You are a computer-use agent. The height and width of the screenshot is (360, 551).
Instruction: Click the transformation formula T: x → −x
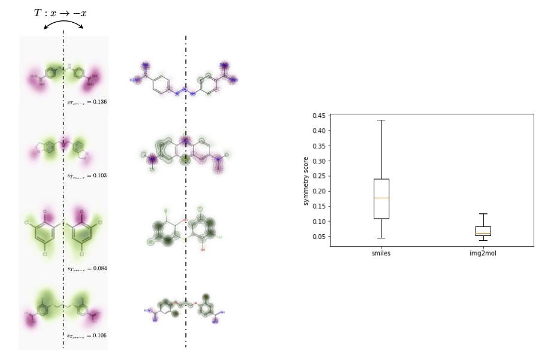(x=60, y=13)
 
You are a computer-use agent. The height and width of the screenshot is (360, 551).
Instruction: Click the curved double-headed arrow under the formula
(x=63, y=24)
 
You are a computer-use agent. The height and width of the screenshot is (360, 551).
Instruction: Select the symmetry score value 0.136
(x=87, y=102)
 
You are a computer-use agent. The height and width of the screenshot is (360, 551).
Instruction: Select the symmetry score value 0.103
(x=87, y=176)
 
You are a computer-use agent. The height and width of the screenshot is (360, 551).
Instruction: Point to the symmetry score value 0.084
(x=87, y=268)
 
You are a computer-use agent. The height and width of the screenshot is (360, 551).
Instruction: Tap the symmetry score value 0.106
(x=87, y=335)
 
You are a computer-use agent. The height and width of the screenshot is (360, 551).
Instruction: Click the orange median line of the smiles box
(x=381, y=198)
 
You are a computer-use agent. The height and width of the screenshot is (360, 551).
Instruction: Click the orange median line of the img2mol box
(x=483, y=234)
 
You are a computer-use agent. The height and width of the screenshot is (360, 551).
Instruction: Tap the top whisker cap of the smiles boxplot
(x=381, y=120)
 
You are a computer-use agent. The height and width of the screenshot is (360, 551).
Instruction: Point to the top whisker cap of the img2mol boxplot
(x=483, y=214)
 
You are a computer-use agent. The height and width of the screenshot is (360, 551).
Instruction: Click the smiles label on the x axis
(x=381, y=253)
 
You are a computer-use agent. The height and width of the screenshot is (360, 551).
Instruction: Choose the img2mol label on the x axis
(x=483, y=253)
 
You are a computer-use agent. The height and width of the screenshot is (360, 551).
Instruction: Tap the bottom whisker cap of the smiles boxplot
(x=381, y=238)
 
